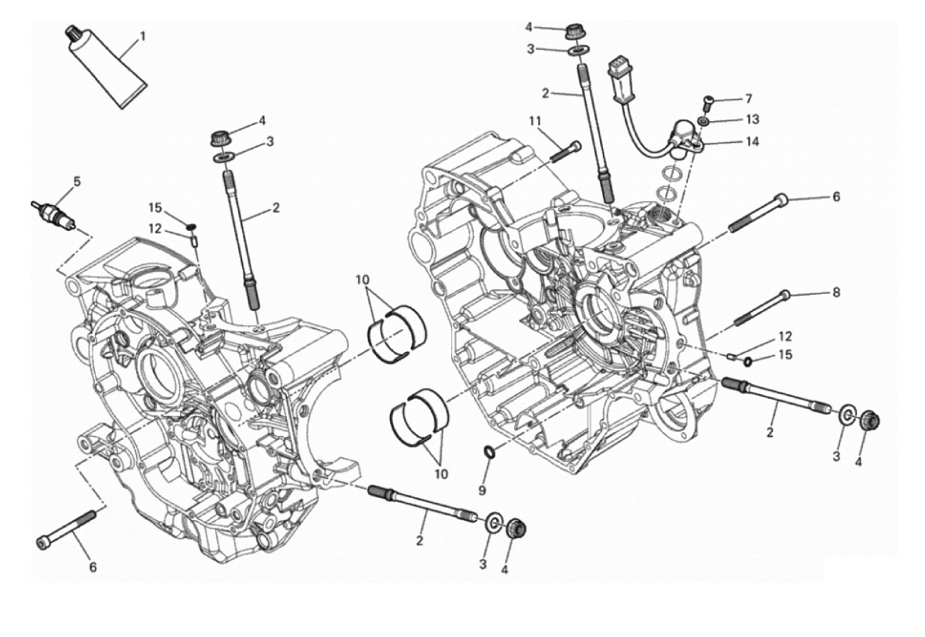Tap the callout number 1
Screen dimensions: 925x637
tap(143, 37)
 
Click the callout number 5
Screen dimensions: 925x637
tap(77, 182)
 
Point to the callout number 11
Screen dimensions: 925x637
tap(535, 121)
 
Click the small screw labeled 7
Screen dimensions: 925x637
tap(708, 103)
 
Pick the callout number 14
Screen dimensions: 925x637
tap(752, 142)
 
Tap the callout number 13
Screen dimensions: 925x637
tap(752, 120)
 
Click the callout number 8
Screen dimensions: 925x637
tap(836, 292)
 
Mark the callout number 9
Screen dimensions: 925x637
tap(482, 490)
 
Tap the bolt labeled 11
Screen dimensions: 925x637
tap(566, 153)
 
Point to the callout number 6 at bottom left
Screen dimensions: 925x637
tap(93, 567)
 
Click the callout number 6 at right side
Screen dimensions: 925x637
tap(836, 197)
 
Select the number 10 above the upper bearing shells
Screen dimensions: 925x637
tap(362, 280)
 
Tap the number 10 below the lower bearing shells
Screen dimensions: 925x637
tap(441, 474)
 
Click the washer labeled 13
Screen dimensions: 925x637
tap(703, 121)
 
